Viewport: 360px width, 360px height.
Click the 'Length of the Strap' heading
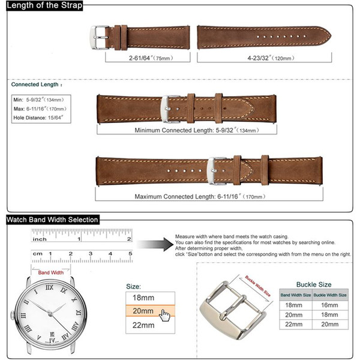point(43,6)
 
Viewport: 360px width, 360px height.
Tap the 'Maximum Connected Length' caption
point(191,196)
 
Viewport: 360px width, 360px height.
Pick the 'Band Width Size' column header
point(296,295)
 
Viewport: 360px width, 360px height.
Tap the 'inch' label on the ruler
point(40,239)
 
